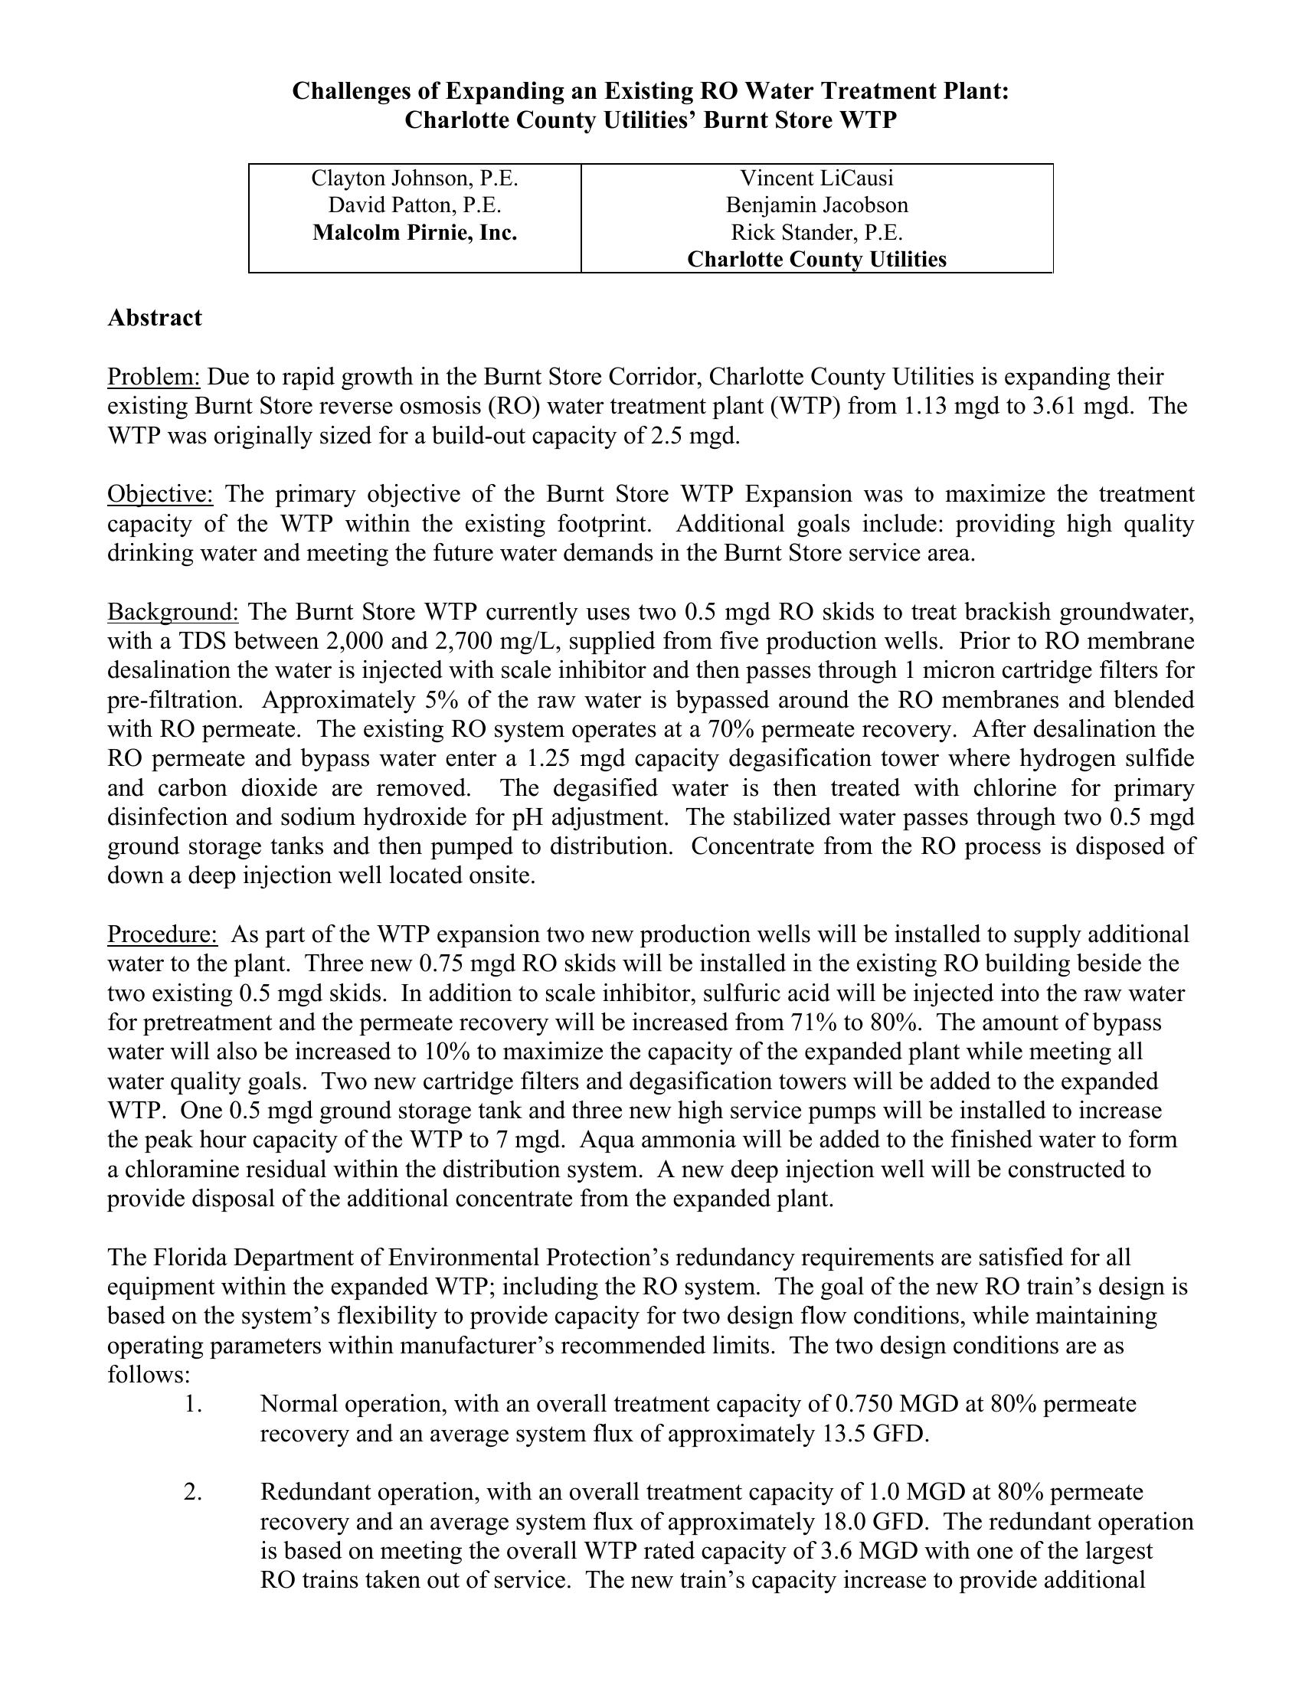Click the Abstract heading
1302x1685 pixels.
[154, 318]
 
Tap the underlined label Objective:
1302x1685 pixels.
[159, 494]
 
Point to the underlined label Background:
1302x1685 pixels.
[173, 612]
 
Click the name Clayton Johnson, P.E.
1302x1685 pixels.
[414, 178]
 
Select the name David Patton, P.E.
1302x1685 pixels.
[414, 205]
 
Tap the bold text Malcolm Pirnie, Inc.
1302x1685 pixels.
[414, 232]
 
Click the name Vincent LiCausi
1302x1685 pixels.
[817, 178]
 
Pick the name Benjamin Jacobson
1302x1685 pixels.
[817, 205]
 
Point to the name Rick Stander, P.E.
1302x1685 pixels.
[817, 232]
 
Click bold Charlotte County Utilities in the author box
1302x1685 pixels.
[817, 259]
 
